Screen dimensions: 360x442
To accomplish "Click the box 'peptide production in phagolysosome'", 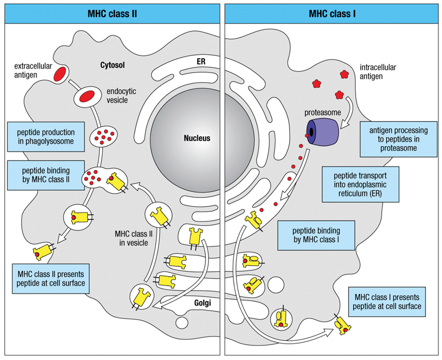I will (41, 137).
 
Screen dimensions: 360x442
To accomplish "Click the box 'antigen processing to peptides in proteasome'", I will (397, 139).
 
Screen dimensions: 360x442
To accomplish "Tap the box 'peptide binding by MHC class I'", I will (315, 235).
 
